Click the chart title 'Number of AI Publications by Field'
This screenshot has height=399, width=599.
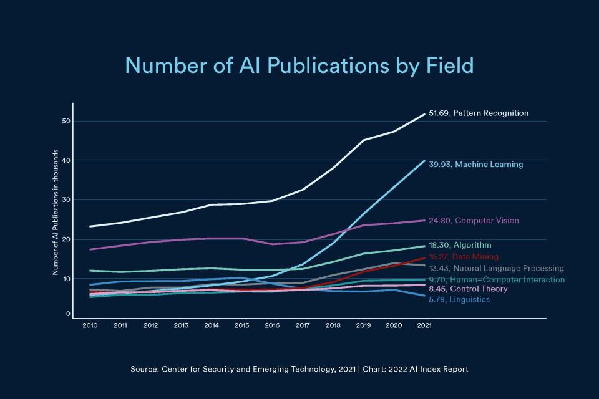299,65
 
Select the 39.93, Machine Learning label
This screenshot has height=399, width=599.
475,165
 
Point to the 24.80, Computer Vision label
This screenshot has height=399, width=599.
474,221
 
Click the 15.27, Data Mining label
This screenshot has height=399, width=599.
464,257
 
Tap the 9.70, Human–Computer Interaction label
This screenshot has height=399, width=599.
497,280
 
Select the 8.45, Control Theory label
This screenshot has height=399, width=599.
468,289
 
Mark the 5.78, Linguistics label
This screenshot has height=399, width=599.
459,300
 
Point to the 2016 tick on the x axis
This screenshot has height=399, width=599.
272,325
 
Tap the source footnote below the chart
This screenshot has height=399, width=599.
299,369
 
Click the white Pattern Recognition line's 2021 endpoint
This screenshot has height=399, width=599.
424,114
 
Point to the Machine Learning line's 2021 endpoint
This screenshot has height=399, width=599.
424,161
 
